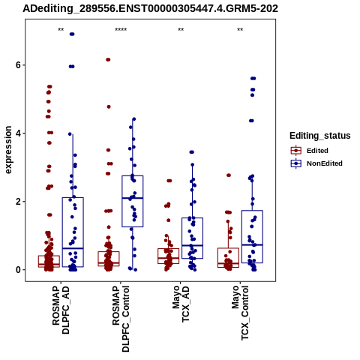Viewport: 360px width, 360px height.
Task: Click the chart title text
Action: coord(150,9)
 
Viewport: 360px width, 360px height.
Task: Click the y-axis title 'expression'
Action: coord(8,150)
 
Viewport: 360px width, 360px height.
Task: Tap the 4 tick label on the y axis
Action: coord(18,133)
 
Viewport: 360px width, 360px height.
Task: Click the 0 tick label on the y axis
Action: coord(18,270)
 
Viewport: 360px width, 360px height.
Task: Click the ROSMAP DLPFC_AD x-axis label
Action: coord(61,310)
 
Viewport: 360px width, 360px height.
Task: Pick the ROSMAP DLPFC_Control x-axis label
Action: coord(121,319)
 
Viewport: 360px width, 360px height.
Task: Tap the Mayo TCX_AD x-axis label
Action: coord(181,304)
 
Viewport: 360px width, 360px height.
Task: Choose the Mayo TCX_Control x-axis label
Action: coord(241,313)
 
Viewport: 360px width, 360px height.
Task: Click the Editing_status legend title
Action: coord(320,136)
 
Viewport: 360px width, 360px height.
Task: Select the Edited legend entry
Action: coord(309,151)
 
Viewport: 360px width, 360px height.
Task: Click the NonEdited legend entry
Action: coord(316,163)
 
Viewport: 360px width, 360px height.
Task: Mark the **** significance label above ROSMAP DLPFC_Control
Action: coord(121,30)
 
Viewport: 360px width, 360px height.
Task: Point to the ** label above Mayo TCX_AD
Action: coord(181,30)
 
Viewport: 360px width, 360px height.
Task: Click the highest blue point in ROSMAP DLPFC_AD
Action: coord(72,34)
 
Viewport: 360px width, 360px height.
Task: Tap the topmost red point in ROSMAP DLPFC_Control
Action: coord(108,59)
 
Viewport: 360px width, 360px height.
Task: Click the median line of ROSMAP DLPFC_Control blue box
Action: coord(133,198)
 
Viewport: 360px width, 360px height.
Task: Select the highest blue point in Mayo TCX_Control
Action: coord(253,79)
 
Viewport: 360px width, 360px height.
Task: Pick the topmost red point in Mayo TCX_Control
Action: coord(229,175)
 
